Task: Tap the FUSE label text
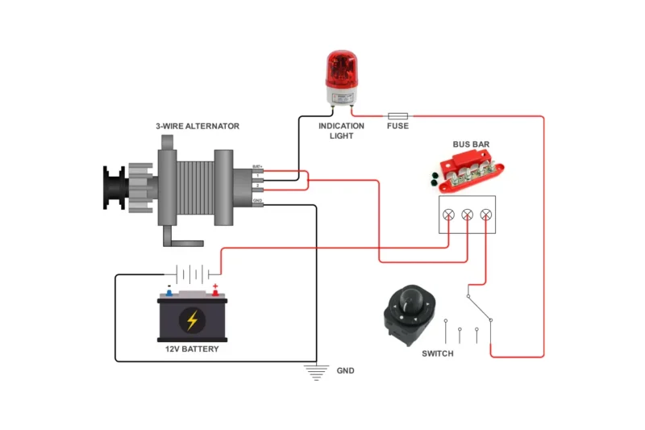[x=397, y=127]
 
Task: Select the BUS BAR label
[x=471, y=145]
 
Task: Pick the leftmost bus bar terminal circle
[x=449, y=215]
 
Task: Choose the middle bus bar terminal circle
[x=467, y=215]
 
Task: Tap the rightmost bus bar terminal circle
[x=485, y=215]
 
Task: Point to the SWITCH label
[x=438, y=354]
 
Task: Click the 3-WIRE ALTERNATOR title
[x=198, y=127]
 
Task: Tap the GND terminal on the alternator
[x=258, y=204]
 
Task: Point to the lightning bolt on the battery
[x=192, y=320]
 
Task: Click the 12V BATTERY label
[x=192, y=349]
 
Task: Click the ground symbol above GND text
[x=316, y=371]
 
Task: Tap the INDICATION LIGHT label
[x=341, y=131]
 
